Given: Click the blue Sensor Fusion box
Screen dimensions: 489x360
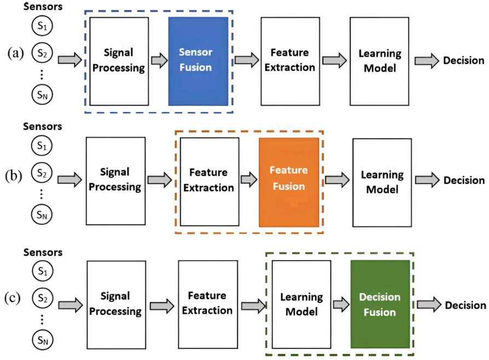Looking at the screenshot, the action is click(198, 61).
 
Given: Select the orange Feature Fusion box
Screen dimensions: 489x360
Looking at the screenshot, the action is click(289, 182).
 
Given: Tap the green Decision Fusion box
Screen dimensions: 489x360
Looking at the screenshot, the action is click(380, 304).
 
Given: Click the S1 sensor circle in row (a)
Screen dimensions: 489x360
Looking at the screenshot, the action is click(42, 26).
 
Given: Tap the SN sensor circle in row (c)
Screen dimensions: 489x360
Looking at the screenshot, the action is click(43, 340).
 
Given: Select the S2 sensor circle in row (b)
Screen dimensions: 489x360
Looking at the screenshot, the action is click(42, 173).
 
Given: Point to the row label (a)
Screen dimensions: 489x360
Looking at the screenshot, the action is click(15, 53).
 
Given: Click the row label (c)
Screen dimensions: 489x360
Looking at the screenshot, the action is click(13, 298).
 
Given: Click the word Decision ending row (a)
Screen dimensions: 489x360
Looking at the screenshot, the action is click(464, 60).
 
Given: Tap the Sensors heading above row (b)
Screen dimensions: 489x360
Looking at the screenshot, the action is click(42, 127).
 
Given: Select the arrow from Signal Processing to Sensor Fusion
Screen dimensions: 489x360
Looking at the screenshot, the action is click(159, 60).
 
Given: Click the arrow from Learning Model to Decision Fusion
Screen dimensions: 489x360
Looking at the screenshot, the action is click(341, 305).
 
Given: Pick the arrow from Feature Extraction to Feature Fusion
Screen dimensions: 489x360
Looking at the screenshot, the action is click(249, 179).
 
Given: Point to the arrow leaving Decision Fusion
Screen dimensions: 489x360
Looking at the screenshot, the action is click(429, 305).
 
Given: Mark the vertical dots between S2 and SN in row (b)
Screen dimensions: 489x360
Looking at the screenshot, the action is click(42, 194).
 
